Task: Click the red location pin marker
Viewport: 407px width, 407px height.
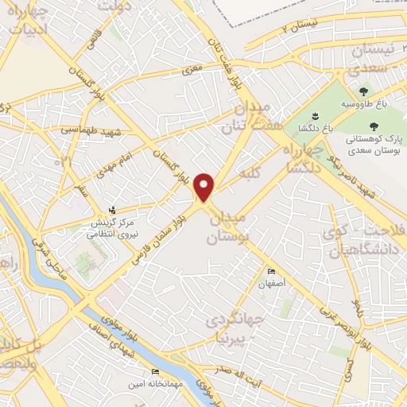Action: pyautogui.click(x=205, y=187)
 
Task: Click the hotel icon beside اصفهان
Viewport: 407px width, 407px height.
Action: pyautogui.click(x=273, y=271)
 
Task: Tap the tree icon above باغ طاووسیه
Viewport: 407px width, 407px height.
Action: pyautogui.click(x=365, y=92)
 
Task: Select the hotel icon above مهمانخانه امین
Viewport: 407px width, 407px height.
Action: pyautogui.click(x=154, y=372)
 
